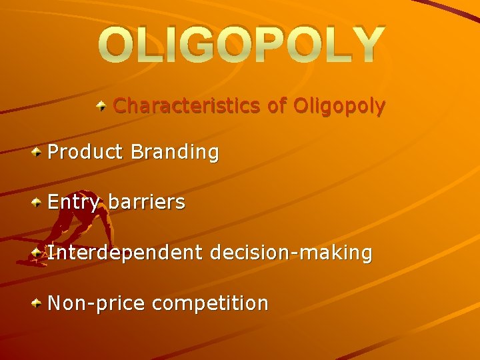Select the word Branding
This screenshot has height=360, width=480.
(x=175, y=153)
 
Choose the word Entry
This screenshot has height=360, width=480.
(x=73, y=203)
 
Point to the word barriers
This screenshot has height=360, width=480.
(x=146, y=203)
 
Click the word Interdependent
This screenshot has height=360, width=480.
(x=125, y=253)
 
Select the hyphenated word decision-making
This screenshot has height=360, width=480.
(x=291, y=253)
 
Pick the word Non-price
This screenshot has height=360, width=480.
(x=97, y=303)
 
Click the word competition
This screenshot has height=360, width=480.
(x=210, y=303)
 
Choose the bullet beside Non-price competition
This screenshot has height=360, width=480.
(x=37, y=303)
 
